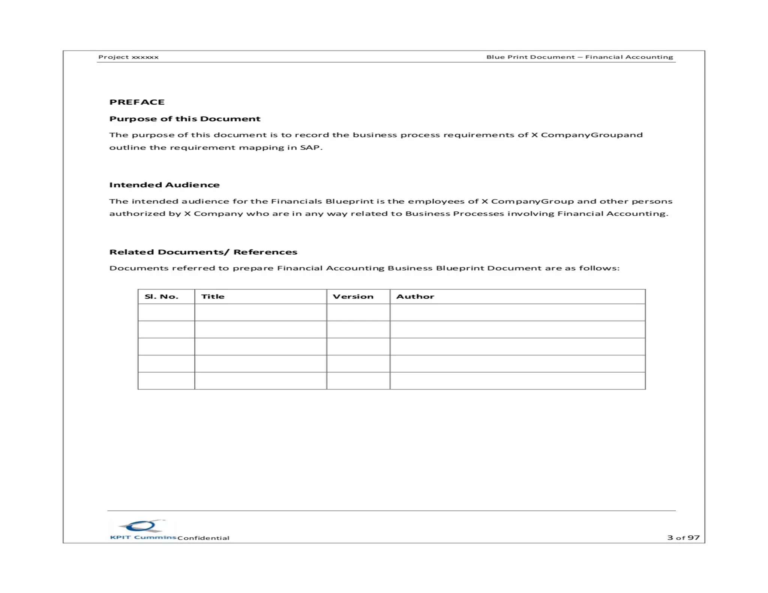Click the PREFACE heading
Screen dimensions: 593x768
coord(137,102)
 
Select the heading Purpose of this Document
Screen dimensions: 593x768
coord(184,119)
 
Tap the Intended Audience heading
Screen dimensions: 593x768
coord(164,185)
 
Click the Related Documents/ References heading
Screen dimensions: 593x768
coord(203,252)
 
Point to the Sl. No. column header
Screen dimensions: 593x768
coord(161,296)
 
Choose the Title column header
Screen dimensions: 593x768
coord(213,296)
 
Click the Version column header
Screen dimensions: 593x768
coord(353,296)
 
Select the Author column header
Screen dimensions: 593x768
coord(415,296)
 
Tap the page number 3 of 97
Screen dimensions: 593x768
coord(683,538)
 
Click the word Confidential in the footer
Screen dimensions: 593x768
coord(203,538)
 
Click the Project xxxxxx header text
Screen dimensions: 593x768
coord(128,57)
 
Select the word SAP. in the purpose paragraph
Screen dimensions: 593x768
coord(311,147)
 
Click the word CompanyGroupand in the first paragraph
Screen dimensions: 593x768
coord(591,135)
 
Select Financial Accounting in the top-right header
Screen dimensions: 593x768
coord(629,57)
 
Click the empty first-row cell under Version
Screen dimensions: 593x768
coord(358,312)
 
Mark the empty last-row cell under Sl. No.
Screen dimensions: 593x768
coord(166,380)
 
